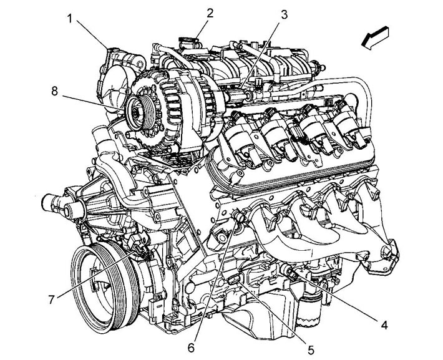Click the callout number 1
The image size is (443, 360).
(69, 19)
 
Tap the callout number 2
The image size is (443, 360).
(210, 12)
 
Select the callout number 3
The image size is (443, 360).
(284, 14)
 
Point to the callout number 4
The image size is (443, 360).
(384, 325)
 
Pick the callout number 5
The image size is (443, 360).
(311, 351)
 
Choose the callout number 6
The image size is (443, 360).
(191, 348)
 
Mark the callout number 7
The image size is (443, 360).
(51, 299)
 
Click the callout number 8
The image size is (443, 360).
(54, 91)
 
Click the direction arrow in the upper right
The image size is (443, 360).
(375, 38)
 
